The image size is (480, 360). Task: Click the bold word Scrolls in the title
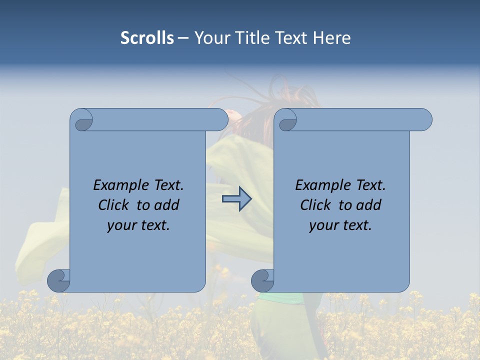(x=147, y=38)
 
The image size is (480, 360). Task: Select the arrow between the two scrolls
(x=237, y=199)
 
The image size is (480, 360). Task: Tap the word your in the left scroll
(x=121, y=225)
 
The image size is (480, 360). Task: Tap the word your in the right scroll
(x=323, y=225)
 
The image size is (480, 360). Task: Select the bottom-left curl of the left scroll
(x=58, y=280)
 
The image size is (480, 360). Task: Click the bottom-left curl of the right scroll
(x=262, y=280)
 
